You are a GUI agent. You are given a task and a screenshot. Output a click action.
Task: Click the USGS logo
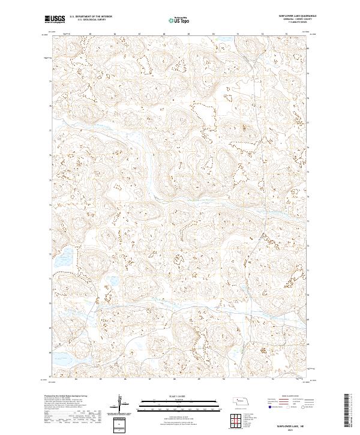tap(55, 19)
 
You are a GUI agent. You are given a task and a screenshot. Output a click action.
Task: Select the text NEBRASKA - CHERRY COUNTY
tap(290, 20)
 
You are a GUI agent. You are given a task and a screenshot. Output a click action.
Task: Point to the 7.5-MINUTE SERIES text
tap(290, 23)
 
